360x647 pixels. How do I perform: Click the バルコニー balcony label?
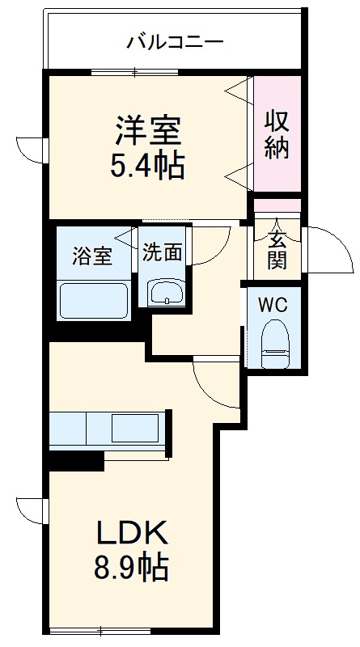[x=175, y=41]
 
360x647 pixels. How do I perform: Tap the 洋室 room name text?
[x=147, y=129]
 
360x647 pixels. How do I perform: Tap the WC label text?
[x=273, y=305]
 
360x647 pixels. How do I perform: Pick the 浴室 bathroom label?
[x=91, y=256]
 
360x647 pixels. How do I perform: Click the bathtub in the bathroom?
[x=94, y=301]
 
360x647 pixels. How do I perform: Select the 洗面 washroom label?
[x=163, y=252]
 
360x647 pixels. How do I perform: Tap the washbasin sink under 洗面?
[x=166, y=292]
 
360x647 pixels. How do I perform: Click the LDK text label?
[x=133, y=534]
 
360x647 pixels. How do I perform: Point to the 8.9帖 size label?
[x=133, y=569]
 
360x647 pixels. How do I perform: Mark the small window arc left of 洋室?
[x=30, y=150]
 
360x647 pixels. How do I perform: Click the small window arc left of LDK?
[x=30, y=510]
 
